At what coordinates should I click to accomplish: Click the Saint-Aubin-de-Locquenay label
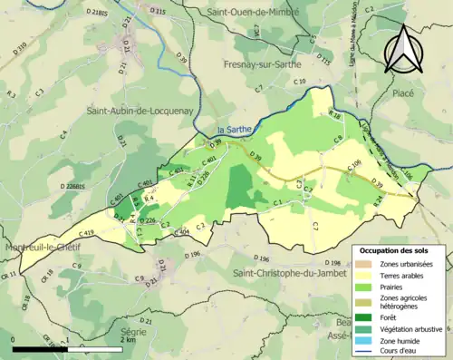[x=133, y=111]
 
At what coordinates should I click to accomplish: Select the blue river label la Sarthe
[x=234, y=130]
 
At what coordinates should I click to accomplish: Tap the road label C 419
[x=85, y=233]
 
